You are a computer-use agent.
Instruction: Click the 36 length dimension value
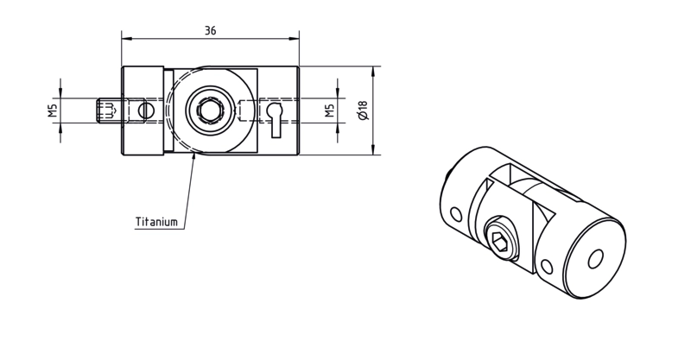pyautogui.click(x=210, y=30)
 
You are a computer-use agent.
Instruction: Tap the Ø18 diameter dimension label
pyautogui.click(x=363, y=111)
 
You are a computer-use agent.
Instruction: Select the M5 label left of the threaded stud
pyautogui.click(x=53, y=111)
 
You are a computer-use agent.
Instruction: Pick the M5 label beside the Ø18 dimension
pyautogui.click(x=329, y=111)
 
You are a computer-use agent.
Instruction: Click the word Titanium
pyautogui.click(x=156, y=222)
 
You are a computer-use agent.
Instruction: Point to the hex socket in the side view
pyautogui.click(x=208, y=111)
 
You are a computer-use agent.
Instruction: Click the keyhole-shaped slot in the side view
pyautogui.click(x=276, y=120)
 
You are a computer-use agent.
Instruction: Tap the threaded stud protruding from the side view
pyautogui.click(x=108, y=111)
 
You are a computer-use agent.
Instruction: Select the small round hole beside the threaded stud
pyautogui.click(x=145, y=111)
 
